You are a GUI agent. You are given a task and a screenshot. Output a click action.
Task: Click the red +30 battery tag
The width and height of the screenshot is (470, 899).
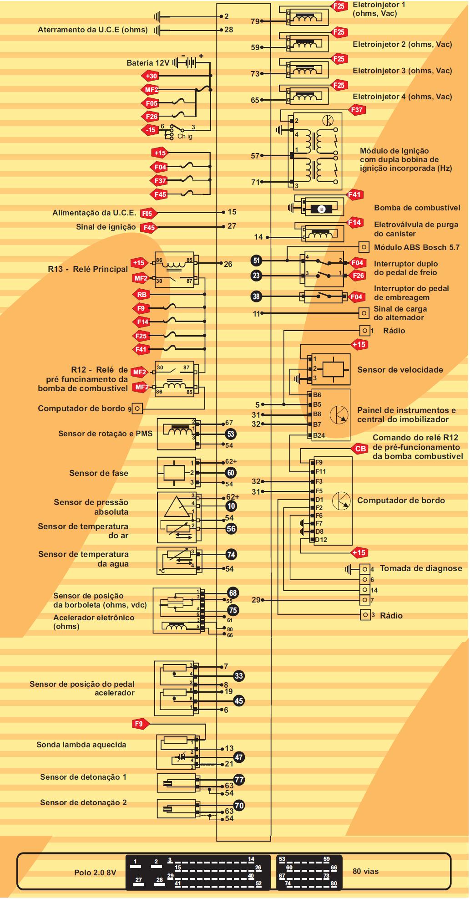pyautogui.click(x=151, y=76)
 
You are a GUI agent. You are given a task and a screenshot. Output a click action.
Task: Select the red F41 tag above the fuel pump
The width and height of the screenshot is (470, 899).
pyautogui.click(x=354, y=195)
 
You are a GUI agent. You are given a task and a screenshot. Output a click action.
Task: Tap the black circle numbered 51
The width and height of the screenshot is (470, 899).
pyautogui.click(x=257, y=261)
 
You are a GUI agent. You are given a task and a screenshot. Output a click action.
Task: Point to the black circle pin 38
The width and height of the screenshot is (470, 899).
pyautogui.click(x=257, y=296)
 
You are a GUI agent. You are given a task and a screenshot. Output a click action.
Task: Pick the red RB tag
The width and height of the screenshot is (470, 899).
pyautogui.click(x=142, y=295)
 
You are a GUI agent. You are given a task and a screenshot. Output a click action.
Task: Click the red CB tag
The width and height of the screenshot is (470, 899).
pyautogui.click(x=360, y=449)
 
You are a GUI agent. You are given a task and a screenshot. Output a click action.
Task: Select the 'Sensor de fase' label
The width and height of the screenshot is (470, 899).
pyautogui.click(x=99, y=473)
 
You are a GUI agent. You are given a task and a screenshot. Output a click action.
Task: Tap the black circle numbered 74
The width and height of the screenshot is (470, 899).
pyautogui.click(x=232, y=555)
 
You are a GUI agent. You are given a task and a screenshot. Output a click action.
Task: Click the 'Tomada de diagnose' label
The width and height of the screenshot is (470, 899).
pyautogui.click(x=421, y=568)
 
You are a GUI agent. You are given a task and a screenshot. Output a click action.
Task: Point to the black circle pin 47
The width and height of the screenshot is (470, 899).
pyautogui.click(x=239, y=757)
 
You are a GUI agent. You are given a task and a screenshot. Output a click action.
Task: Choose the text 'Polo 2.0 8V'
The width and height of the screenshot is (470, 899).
pyautogui.click(x=95, y=873)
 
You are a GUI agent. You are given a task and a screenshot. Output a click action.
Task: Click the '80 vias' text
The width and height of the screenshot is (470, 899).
pyautogui.click(x=365, y=871)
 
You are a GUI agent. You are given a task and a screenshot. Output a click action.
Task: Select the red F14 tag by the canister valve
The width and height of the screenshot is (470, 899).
pyautogui.click(x=354, y=222)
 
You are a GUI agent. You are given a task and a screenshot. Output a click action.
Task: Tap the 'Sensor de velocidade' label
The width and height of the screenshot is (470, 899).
pyautogui.click(x=400, y=370)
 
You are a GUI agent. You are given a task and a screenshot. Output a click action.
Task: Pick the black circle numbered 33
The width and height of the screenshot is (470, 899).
pyautogui.click(x=239, y=676)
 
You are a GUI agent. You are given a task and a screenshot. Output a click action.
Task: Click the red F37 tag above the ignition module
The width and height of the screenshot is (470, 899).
pyautogui.click(x=357, y=110)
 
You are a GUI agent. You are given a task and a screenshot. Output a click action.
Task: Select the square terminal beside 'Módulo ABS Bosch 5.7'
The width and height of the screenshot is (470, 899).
pyautogui.click(x=364, y=247)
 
